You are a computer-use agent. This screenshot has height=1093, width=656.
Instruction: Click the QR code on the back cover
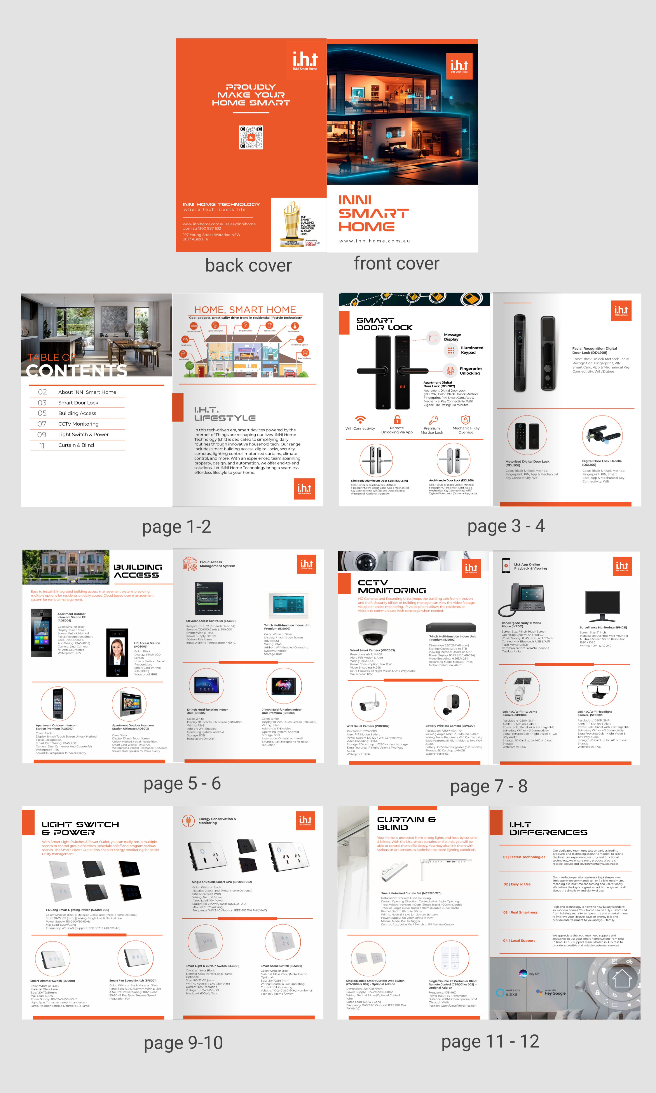click(x=251, y=137)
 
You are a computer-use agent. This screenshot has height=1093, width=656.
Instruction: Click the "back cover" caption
click(x=248, y=266)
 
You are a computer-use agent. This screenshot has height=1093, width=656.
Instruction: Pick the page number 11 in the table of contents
click(x=42, y=445)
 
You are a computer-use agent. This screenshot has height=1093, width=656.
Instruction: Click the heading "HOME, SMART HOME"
click(x=245, y=310)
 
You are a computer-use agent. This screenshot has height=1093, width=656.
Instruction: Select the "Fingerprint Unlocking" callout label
click(x=470, y=371)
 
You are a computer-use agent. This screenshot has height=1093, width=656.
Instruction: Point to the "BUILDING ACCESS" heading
click(x=138, y=571)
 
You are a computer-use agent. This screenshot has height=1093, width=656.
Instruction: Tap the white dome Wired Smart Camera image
click(x=372, y=632)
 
